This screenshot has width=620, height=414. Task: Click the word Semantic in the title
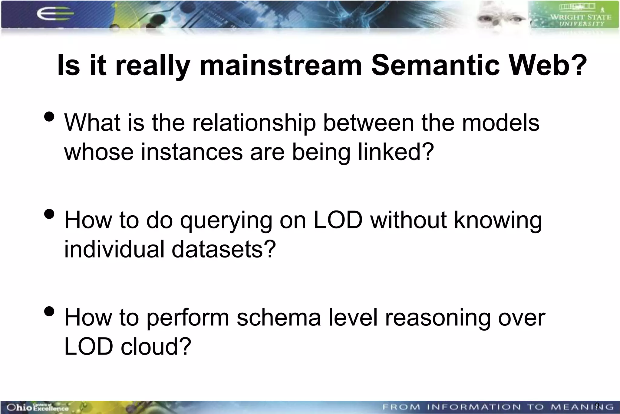pos(435,65)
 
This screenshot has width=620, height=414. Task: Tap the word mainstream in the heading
pos(280,65)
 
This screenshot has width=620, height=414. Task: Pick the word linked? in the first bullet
pos(396,152)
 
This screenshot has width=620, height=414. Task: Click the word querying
pos(226,220)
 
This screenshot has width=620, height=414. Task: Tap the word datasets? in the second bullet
pos(224,249)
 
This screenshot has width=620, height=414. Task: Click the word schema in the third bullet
pos(278,318)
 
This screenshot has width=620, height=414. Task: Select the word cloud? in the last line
pos(156,347)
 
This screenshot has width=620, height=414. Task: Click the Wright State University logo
pos(574,15)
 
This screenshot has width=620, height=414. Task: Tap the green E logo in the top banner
pos(54,14)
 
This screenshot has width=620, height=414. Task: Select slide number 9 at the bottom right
pos(597,406)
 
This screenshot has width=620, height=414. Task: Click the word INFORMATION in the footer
pos(474,407)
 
